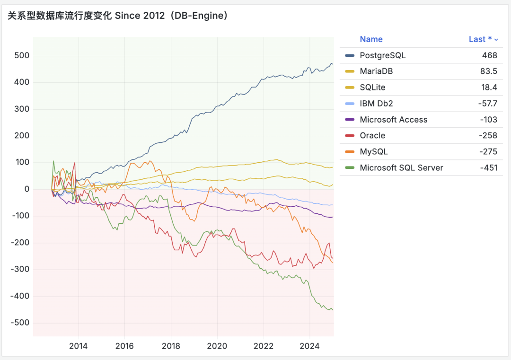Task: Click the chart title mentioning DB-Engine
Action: point(118,16)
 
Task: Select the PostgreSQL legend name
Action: point(382,55)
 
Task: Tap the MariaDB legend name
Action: point(376,71)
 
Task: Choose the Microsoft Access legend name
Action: point(393,120)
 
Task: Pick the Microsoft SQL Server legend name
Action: point(401,167)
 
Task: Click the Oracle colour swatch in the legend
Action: point(350,136)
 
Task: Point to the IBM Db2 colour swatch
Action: point(350,104)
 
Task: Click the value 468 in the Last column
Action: point(489,55)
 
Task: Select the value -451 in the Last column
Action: point(488,167)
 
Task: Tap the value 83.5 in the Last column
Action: point(488,71)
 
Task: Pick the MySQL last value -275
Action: point(488,152)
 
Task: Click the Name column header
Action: point(371,39)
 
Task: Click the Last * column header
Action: point(480,39)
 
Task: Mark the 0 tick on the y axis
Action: point(27,189)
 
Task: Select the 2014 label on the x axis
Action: point(78,346)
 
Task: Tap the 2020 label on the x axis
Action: point(217,346)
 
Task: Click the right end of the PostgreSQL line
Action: point(333,64)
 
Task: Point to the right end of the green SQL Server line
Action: point(333,310)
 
